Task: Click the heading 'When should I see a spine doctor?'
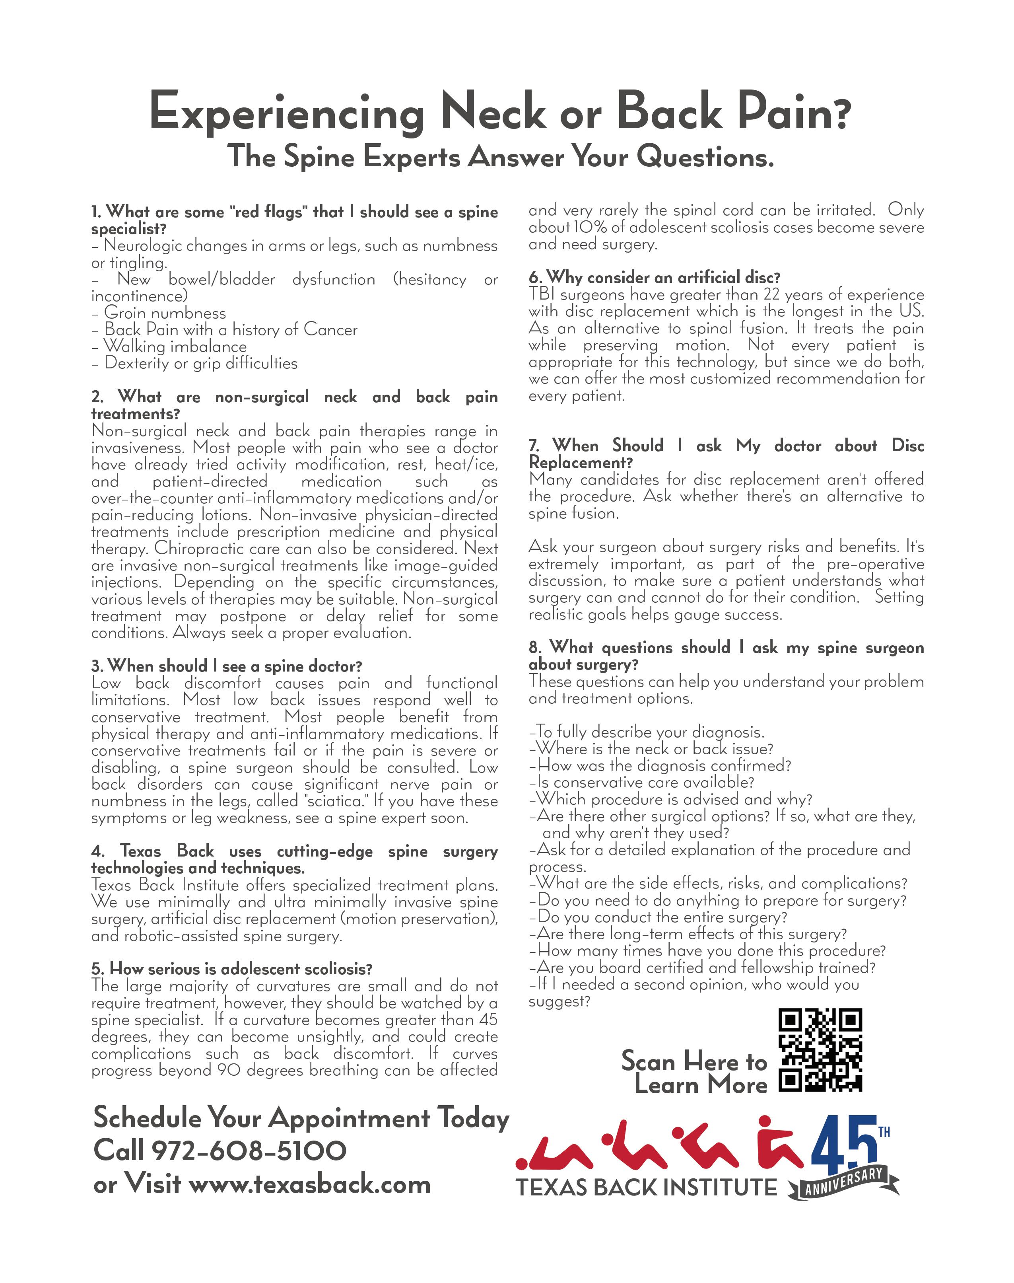(x=226, y=666)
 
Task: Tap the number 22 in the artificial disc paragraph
(x=770, y=295)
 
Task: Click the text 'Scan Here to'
(x=694, y=1061)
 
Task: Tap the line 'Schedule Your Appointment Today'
(x=301, y=1118)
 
